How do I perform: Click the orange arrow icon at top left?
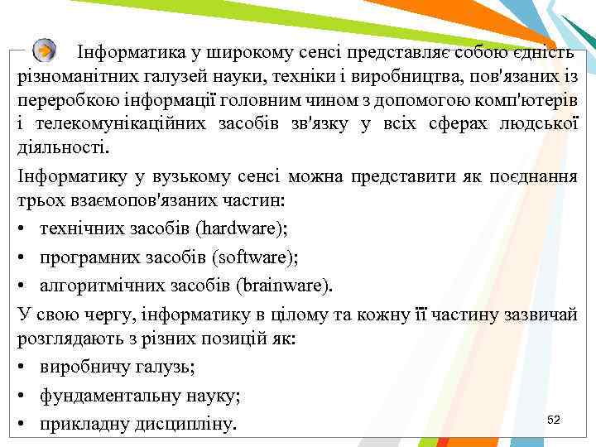(46, 50)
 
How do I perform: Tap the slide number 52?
(554, 421)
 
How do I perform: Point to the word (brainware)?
(283, 286)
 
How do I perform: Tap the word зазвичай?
(540, 315)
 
